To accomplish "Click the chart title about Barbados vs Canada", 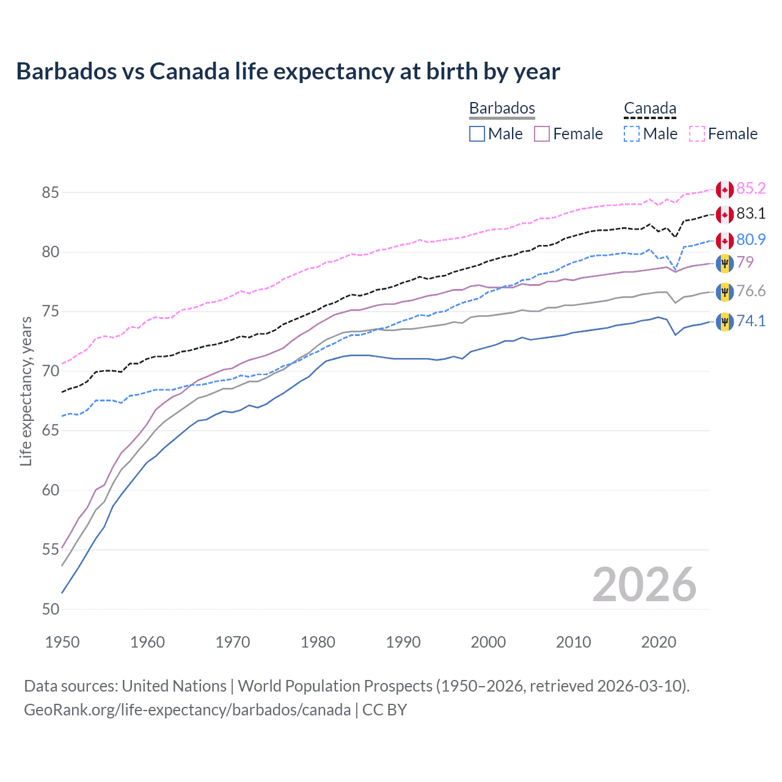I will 288,71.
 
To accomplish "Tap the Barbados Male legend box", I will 477,134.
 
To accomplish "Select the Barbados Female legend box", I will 542,134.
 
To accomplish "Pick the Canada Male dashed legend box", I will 632,134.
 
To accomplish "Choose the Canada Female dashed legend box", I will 697,134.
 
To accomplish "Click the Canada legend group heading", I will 650,109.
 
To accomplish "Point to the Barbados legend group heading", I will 502,109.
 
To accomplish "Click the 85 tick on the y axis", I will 50,192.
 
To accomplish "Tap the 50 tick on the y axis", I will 50,609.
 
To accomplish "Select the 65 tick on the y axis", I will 50,431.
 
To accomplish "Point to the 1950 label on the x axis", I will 62,642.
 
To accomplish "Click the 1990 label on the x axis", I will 403,642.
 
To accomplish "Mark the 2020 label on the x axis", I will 659,642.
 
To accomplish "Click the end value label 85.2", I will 751,188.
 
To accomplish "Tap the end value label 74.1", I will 751,321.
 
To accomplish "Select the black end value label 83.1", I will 751,213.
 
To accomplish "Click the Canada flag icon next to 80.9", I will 725,240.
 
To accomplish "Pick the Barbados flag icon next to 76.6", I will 725,292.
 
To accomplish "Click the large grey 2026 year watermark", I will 645,585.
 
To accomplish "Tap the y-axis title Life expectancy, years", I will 26,391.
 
